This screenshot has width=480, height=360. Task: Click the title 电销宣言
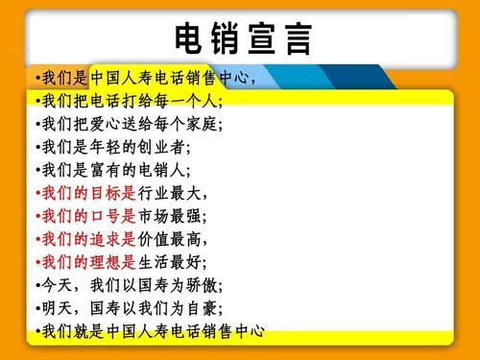(242, 38)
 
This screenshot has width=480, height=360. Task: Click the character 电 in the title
(188, 38)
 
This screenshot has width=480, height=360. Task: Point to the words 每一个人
(181, 101)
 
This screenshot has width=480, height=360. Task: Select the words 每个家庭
(181, 124)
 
